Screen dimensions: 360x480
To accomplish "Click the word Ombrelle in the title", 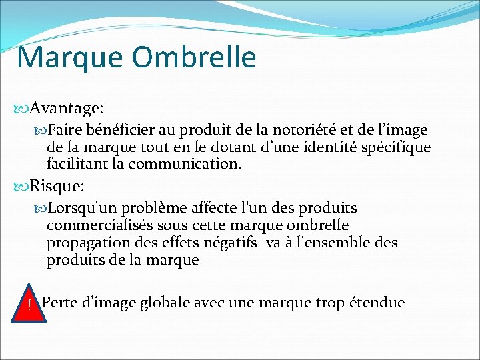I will (x=194, y=57).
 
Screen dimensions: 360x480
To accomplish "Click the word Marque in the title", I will (x=70, y=59).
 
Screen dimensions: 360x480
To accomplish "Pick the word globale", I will (x=173, y=303).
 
